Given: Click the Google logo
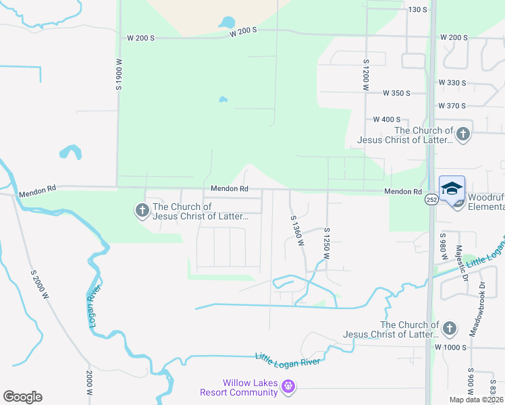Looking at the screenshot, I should (x=22, y=397).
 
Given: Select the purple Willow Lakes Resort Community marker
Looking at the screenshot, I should (x=288, y=387).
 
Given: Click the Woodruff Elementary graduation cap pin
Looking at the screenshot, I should (x=452, y=188).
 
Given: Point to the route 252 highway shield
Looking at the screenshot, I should (x=430, y=200).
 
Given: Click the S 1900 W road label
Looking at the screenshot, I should (x=119, y=74).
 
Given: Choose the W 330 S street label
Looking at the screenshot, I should (x=452, y=82).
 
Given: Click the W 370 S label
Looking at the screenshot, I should (x=452, y=106).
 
